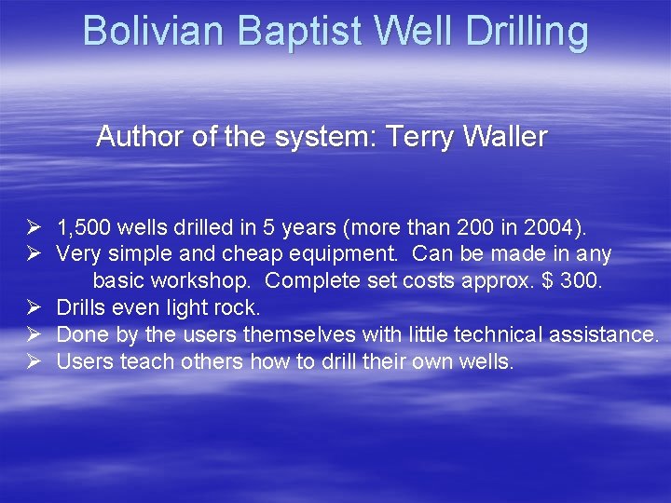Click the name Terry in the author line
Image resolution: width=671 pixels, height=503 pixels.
pyautogui.click(x=419, y=137)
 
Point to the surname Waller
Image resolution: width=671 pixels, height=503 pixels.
pyautogui.click(x=503, y=137)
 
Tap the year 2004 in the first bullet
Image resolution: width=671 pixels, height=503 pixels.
pyautogui.click(x=554, y=226)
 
